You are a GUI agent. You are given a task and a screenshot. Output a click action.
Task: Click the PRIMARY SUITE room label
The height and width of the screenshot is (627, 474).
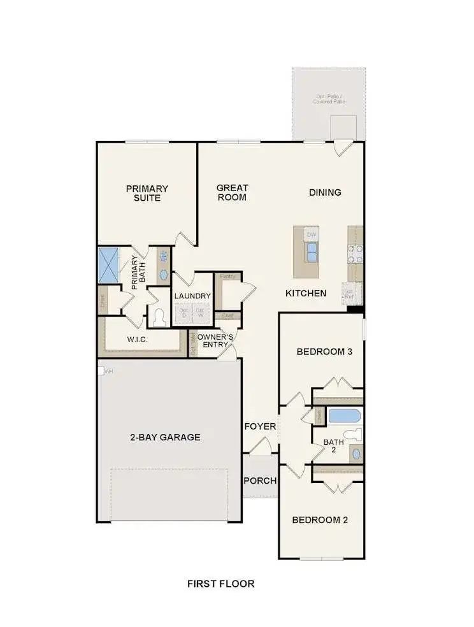pos(147,193)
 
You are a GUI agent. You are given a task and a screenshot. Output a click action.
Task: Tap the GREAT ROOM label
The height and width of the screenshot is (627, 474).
pos(232,192)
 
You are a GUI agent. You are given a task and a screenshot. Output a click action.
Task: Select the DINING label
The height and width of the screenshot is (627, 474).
pos(325,192)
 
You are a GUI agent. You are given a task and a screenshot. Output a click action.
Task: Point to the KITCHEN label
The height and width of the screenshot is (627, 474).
pos(306,294)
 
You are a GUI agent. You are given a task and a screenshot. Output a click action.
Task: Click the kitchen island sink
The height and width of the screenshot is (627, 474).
pos(312,253)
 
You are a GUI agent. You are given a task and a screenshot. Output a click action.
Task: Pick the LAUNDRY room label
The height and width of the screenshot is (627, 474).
pos(192,296)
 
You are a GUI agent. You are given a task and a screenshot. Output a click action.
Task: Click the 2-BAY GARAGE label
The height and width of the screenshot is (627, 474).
pos(166,437)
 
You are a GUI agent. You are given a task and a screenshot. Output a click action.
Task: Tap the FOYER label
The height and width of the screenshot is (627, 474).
pos(260,426)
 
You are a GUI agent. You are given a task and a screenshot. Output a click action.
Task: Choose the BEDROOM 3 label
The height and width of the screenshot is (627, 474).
pos(325,352)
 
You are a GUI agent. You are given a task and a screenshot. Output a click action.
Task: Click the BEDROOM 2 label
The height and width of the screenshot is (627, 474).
pos(320,520)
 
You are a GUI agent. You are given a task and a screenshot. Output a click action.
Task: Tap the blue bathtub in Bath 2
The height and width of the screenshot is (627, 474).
pos(345,417)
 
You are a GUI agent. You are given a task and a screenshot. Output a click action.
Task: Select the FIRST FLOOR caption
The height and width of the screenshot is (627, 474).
pos(220,583)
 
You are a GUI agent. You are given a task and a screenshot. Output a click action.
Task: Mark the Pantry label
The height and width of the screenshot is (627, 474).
pos(227,277)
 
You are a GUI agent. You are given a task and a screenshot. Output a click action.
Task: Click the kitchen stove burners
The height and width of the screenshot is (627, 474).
pos(354,254)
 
